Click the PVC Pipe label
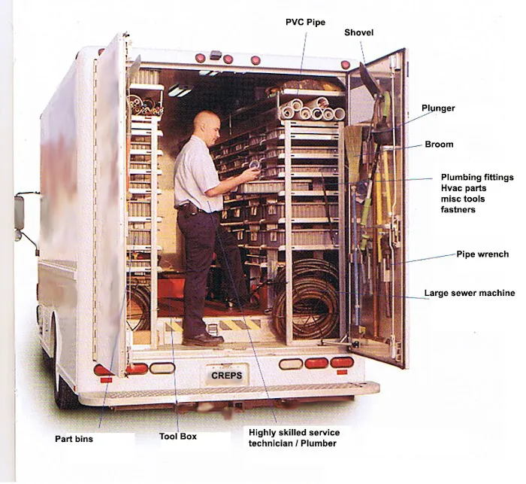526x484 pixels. click(305, 22)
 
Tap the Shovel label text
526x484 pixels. click(358, 32)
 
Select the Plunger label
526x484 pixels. click(438, 108)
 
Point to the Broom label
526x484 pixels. click(439, 145)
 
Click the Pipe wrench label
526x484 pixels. click(482, 254)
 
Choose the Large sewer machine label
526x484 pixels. click(470, 293)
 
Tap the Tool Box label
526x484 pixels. click(178, 437)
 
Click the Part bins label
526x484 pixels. click(74, 439)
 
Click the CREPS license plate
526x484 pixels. click(227, 375)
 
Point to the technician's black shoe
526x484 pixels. click(204, 339)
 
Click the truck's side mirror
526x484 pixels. click(19, 212)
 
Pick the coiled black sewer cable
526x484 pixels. click(306, 299)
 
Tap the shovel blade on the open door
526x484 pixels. click(369, 79)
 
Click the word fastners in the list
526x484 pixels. click(458, 209)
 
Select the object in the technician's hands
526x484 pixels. click(255, 166)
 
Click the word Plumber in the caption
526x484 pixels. click(319, 443)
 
